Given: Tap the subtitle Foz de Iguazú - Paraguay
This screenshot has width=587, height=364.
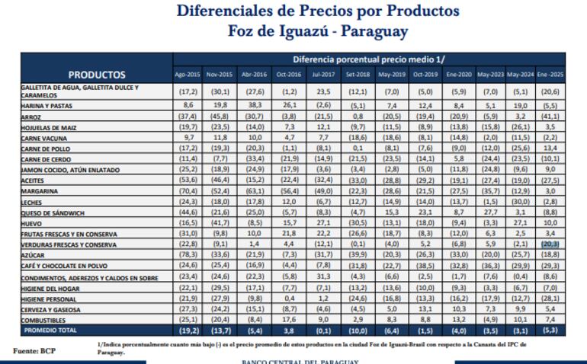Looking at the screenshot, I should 317,32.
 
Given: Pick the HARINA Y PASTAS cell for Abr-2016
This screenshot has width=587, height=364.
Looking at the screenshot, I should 254,105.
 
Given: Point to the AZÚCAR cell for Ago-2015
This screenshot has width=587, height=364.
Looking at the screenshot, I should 187,255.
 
